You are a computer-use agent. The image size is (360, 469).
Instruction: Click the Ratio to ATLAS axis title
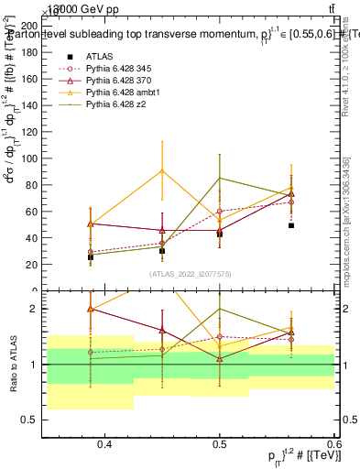pyautogui.click(x=13, y=365)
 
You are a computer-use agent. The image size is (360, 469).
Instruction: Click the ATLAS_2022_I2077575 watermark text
pyautogui.click(x=191, y=274)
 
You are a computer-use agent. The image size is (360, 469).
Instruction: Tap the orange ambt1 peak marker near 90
pyautogui.click(x=162, y=170)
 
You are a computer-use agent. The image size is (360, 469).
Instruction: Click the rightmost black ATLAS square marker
pyautogui.click(x=291, y=224)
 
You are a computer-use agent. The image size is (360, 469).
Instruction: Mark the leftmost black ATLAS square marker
pyautogui.click(x=91, y=257)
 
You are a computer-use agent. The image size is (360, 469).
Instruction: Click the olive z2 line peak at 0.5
pyautogui.click(x=220, y=178)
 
